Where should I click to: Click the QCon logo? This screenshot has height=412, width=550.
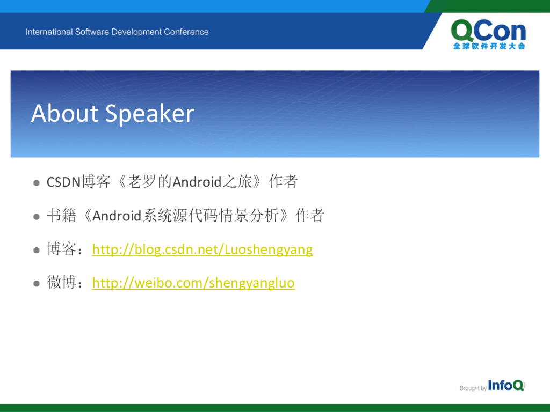click(x=489, y=34)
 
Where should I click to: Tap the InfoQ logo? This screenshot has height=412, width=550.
click(x=506, y=385)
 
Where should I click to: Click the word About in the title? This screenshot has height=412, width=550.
click(x=65, y=113)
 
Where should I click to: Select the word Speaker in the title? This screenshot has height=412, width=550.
click(x=149, y=114)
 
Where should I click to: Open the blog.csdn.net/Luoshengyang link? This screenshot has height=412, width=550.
click(x=202, y=250)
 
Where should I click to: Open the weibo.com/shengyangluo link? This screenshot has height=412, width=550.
click(x=193, y=283)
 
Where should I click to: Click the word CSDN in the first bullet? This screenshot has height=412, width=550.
click(x=64, y=182)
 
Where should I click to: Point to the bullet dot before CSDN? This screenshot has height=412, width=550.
click(x=37, y=183)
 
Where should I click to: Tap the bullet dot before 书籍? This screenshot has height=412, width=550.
click(x=37, y=217)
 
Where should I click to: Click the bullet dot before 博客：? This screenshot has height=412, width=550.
click(x=37, y=250)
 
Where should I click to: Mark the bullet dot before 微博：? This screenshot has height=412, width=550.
click(x=37, y=283)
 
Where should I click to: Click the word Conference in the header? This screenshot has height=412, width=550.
click(x=186, y=32)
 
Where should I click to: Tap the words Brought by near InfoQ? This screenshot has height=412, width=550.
click(x=473, y=388)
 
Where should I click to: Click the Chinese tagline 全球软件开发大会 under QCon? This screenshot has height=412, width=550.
click(x=489, y=46)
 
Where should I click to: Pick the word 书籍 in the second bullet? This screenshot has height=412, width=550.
click(x=61, y=216)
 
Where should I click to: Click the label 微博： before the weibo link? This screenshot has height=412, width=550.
click(x=66, y=283)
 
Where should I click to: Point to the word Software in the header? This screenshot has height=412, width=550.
click(x=92, y=32)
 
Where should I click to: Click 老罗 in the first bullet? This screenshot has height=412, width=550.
click(x=141, y=182)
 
